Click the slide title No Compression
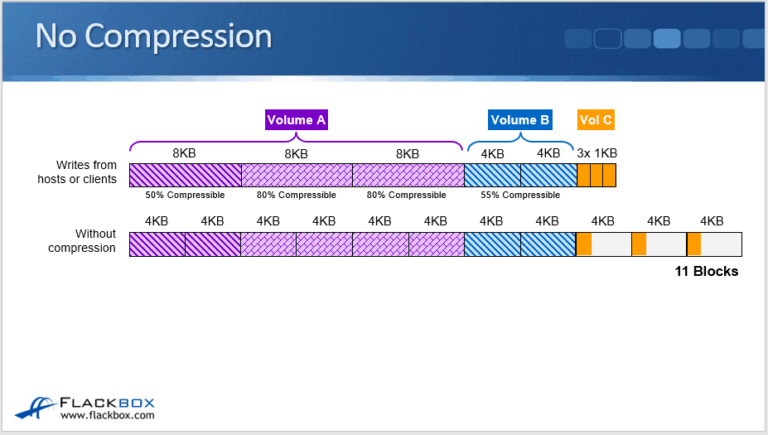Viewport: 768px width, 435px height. pos(153,37)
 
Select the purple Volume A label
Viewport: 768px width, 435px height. pos(297,120)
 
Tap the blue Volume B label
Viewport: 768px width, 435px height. pos(519,120)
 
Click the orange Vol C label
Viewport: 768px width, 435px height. pos(596,120)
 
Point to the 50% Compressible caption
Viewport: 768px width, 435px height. pos(184,195)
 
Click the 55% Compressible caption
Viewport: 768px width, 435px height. pos(519,195)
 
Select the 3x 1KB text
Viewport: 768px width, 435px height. pos(597,154)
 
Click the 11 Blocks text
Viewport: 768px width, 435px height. pos(706,271)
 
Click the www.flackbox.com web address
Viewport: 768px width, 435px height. pos(107,416)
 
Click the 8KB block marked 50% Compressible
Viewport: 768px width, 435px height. pos(184,175)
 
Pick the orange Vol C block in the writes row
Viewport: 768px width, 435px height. pos(596,175)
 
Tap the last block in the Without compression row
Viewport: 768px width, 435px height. pos(713,244)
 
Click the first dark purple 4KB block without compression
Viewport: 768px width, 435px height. pos(157,244)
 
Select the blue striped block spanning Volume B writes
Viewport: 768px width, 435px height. pos(520,175)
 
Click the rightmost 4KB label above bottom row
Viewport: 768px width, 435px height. pos(711,221)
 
